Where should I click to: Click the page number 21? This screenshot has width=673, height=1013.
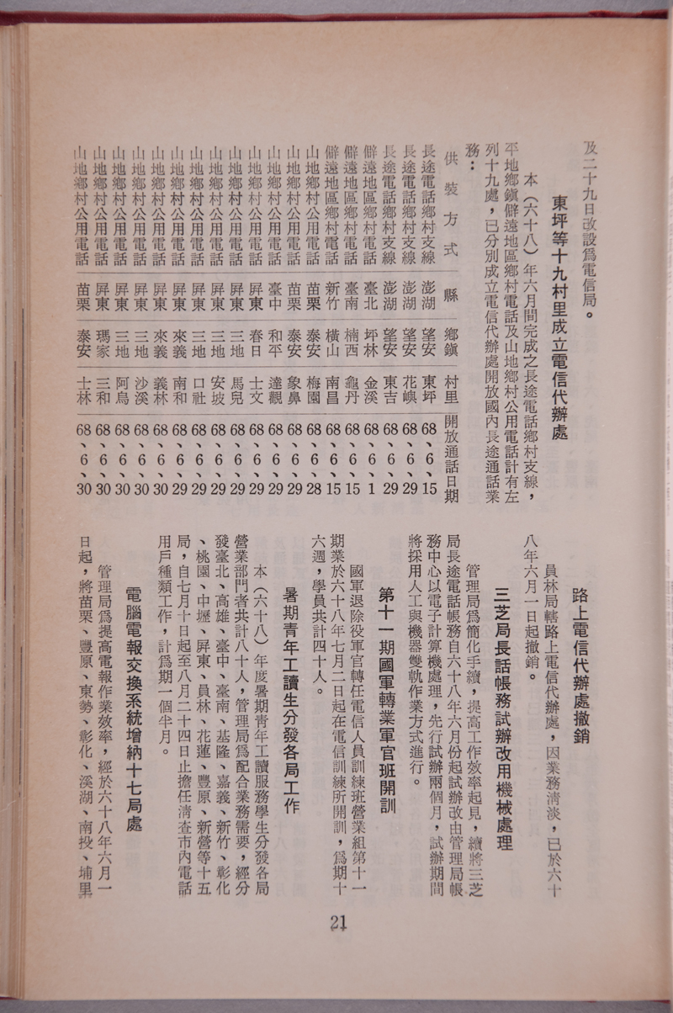[x=338, y=922]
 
